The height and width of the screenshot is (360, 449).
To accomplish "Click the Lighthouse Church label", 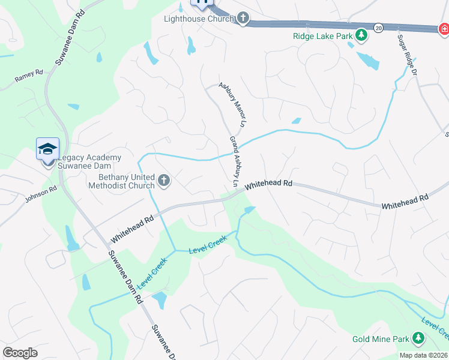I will (x=199, y=19).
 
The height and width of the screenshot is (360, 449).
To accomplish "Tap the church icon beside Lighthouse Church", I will (x=243, y=19).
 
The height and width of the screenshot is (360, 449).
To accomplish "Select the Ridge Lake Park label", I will (x=322, y=36).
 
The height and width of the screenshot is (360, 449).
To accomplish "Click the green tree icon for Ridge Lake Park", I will (x=361, y=36).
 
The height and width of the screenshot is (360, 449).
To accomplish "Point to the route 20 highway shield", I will (x=378, y=28).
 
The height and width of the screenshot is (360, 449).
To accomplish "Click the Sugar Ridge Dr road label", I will (x=407, y=55).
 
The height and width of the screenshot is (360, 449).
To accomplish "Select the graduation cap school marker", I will (x=48, y=149).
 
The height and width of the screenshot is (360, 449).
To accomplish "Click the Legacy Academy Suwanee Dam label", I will (x=89, y=161).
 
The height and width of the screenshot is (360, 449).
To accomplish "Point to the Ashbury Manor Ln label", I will (x=232, y=104).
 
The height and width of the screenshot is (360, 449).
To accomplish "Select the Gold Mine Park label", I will (x=381, y=340).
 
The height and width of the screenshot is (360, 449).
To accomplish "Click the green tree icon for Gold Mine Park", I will (x=419, y=340).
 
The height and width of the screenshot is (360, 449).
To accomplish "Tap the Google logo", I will (x=20, y=352).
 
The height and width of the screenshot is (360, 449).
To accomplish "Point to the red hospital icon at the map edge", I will (x=443, y=29).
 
